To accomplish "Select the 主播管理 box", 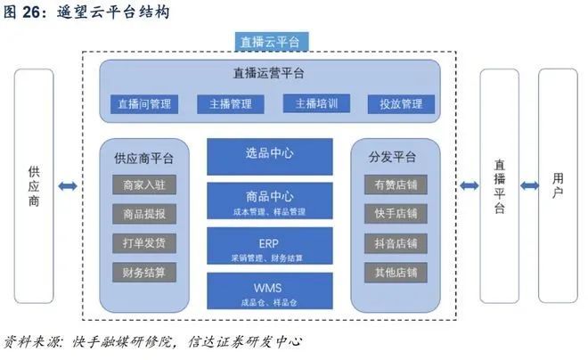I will click(230, 104).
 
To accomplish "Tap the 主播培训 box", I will click(317, 104).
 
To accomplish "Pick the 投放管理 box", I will click(400, 104).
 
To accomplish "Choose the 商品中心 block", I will click(270, 200).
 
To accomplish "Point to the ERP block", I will click(270, 246).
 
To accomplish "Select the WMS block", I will click(270, 291).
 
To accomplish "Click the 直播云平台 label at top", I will click(270, 42).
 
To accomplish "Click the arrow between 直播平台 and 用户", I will click(529, 185).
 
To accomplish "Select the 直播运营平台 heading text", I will click(269, 74).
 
